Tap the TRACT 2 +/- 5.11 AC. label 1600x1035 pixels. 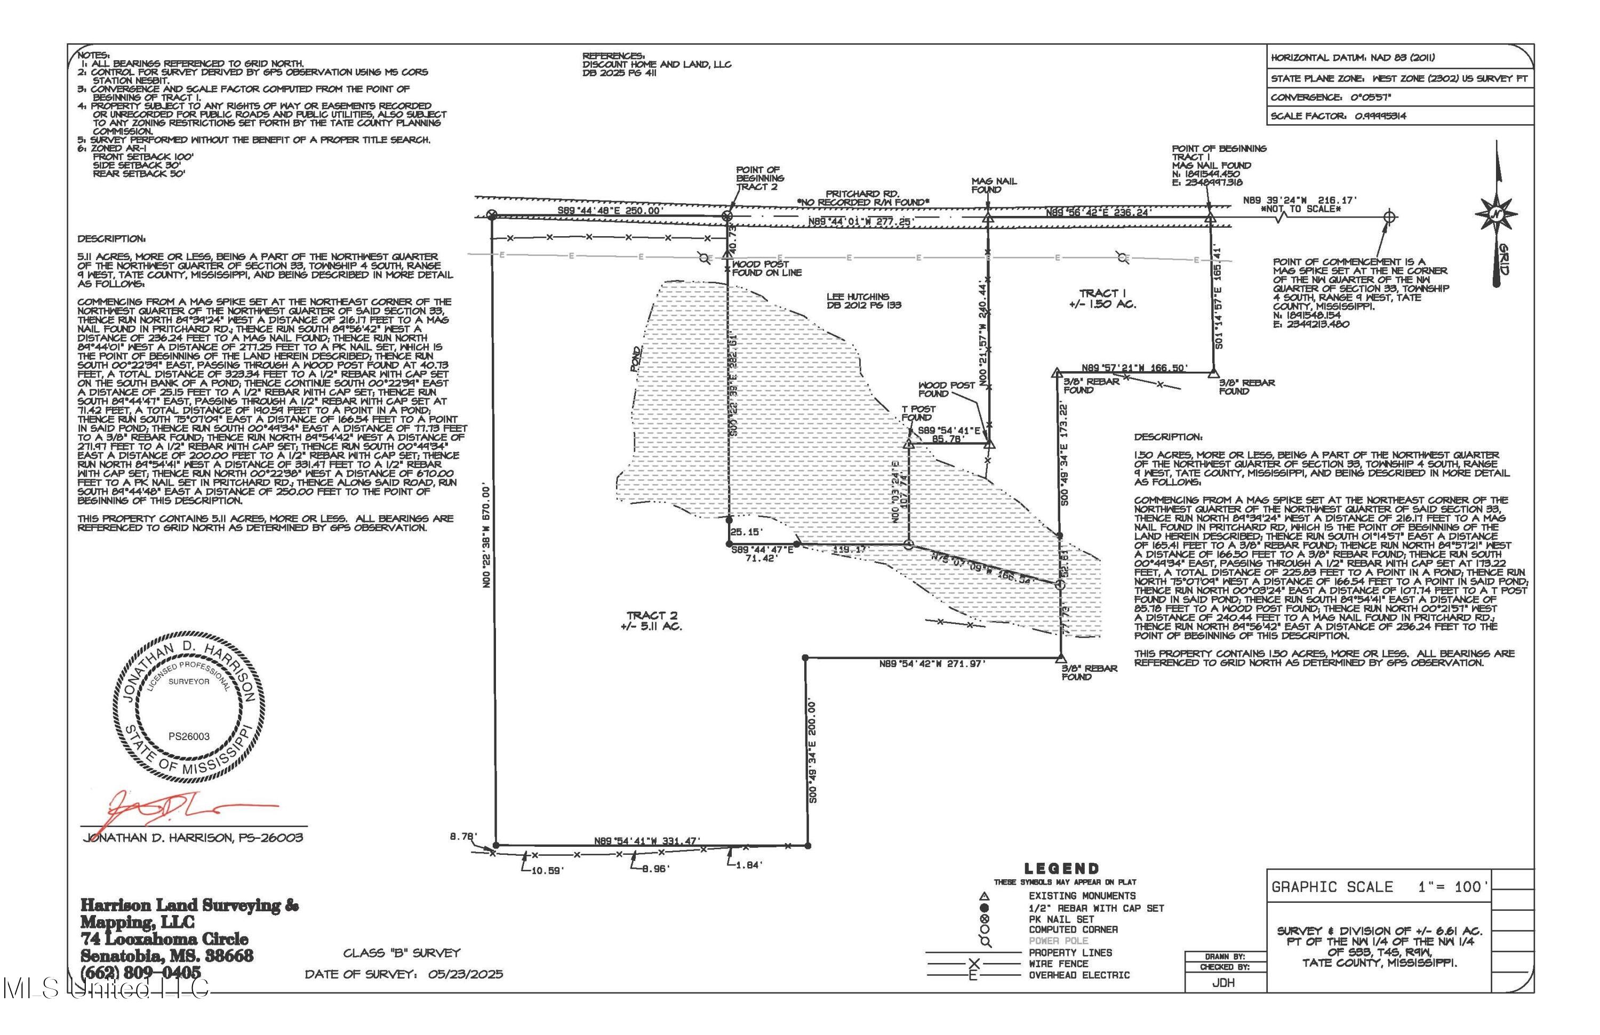coord(651,620)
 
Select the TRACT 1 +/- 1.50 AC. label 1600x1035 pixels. coord(1102,299)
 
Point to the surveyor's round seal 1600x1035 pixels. coord(189,707)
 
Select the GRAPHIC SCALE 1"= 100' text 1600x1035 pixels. coord(1380,887)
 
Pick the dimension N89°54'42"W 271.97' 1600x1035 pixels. coord(932,664)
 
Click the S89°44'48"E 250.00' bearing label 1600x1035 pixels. coord(611,211)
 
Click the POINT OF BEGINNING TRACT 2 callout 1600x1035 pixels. coord(759,178)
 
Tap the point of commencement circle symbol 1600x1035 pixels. coord(1389,216)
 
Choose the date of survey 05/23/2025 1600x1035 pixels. coord(465,974)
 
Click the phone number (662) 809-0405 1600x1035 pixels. coord(140,972)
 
